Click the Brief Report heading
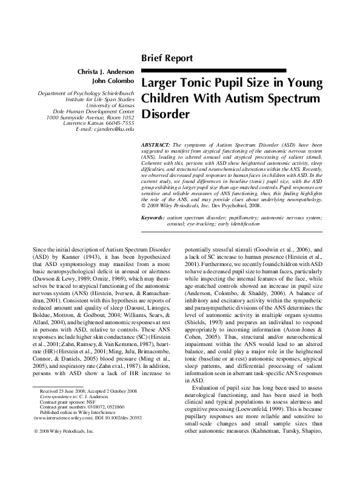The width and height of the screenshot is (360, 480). pos(167,58)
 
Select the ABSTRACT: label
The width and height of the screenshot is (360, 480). pos(156,147)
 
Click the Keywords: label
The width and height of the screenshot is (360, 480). pos(152,217)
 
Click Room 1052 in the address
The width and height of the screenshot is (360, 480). pos(118,118)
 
